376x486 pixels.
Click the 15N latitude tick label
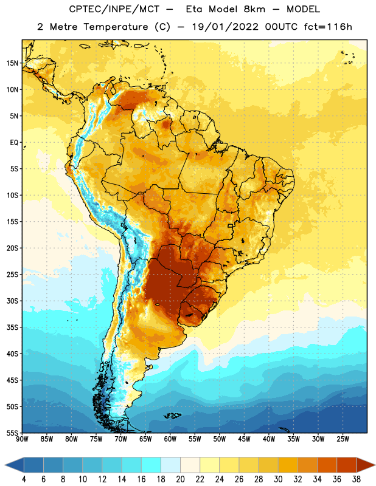pos(12,63)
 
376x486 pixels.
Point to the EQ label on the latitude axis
pos(14,143)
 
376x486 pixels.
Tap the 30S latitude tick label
pos(12,301)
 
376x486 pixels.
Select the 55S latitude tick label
pos(12,433)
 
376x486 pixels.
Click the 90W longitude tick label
pos(22,439)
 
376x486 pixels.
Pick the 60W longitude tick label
pos(170,439)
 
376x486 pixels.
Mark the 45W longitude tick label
pos(244,439)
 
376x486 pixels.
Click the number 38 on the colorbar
pos(356,479)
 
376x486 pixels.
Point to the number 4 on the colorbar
pos(24,479)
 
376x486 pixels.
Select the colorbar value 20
pos(180,479)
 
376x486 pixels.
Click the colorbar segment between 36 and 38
pos(347,465)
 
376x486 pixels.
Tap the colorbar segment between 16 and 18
pos(151,465)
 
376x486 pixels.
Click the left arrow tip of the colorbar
pos(5,465)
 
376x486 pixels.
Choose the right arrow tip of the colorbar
pos(375,465)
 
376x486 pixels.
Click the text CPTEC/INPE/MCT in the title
pos(114,9)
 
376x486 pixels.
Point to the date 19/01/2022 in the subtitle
pos(225,27)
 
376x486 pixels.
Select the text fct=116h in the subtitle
pos(328,27)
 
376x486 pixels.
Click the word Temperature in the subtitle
pos(116,27)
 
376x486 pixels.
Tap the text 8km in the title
pos(254,9)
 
